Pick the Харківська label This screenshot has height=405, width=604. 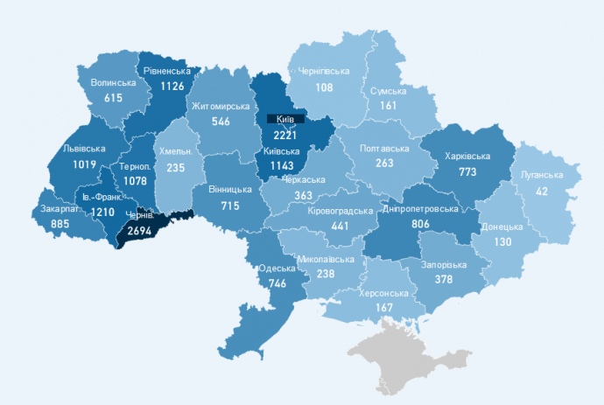(467, 157)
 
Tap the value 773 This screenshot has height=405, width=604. (467, 172)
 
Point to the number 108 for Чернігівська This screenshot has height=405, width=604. (324, 87)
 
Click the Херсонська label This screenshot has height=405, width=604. (381, 293)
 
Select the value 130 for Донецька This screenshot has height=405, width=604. (502, 241)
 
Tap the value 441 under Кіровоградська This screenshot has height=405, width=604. (340, 226)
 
